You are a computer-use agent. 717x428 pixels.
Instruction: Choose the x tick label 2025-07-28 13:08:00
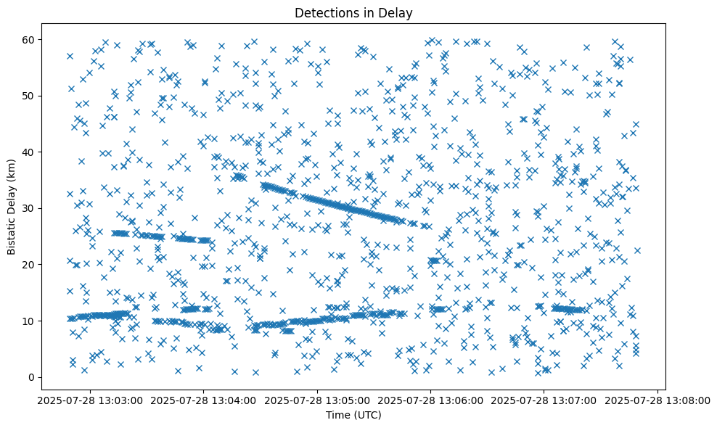click(x=658, y=400)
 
